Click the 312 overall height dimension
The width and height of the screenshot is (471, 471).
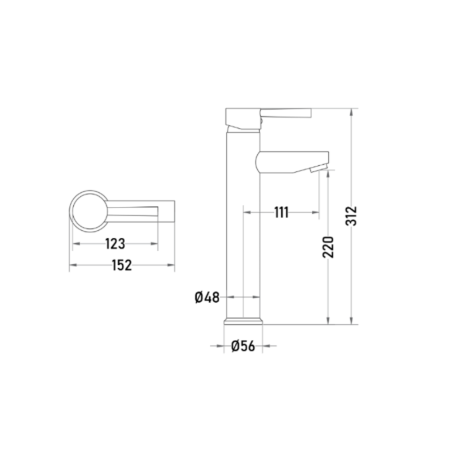click(351, 216)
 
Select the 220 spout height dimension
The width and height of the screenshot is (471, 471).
click(328, 247)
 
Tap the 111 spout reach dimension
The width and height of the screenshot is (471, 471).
click(281, 212)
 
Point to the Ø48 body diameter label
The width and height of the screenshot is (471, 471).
click(207, 297)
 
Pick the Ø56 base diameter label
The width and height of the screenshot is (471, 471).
click(243, 346)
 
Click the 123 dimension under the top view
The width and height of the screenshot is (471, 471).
click(115, 244)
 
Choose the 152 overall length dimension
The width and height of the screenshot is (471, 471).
click(122, 265)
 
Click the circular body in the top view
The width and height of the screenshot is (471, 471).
click(89, 211)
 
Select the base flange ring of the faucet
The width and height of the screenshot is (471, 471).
click(243, 321)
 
